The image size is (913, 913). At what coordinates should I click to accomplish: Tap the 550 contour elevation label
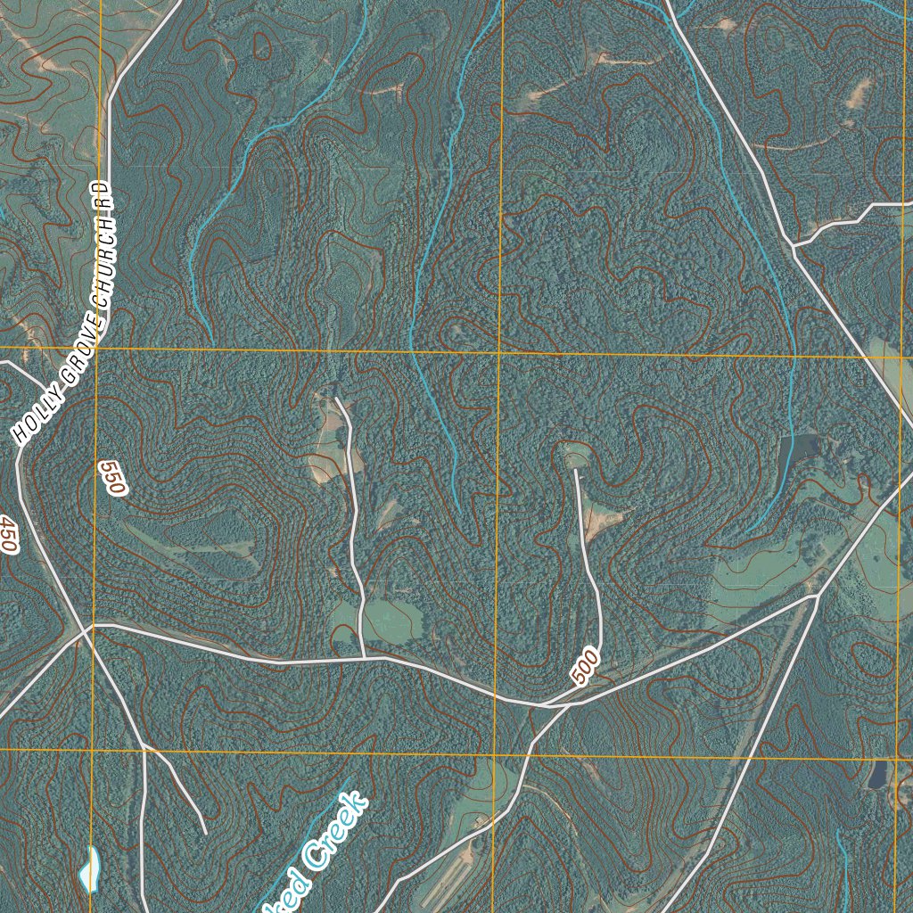coord(114,478)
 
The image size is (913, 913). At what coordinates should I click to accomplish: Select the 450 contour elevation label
coord(8,533)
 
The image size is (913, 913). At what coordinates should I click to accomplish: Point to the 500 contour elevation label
coord(586,667)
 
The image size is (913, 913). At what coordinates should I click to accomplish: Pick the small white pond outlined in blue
coord(89,868)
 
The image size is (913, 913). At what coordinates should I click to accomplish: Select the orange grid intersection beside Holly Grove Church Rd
coord(97,349)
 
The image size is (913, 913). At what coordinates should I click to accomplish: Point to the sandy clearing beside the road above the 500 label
coord(603,517)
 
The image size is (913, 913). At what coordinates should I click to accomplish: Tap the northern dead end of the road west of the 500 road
coord(335,398)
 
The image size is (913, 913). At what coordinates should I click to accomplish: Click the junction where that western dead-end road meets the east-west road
coord(364,658)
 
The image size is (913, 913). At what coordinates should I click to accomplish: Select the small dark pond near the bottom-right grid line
coord(878,774)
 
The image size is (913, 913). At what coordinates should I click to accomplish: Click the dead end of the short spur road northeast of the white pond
coord(206,834)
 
